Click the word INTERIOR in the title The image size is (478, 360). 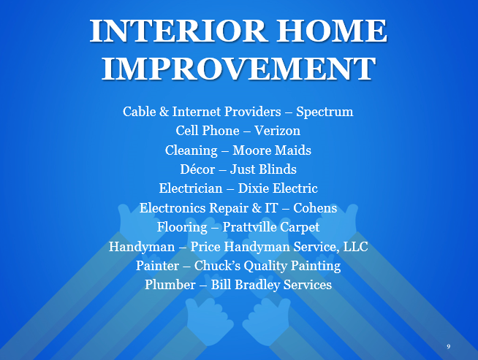178,31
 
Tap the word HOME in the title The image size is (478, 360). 332,31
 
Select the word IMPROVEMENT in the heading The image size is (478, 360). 238,69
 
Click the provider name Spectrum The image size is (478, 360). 325,112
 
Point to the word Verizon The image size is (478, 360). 277,131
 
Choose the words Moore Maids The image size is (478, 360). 272,150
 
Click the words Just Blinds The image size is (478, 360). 263,169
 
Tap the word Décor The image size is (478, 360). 197,169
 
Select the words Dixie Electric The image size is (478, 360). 278,188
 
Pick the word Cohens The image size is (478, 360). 315,208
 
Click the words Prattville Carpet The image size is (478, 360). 271,228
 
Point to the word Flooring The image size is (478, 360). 182,228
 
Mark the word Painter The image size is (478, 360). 157,266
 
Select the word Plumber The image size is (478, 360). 170,285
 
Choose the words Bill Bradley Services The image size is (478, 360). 271,285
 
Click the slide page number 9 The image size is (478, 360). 449,347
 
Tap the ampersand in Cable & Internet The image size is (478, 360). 164,112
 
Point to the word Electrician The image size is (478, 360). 191,188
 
